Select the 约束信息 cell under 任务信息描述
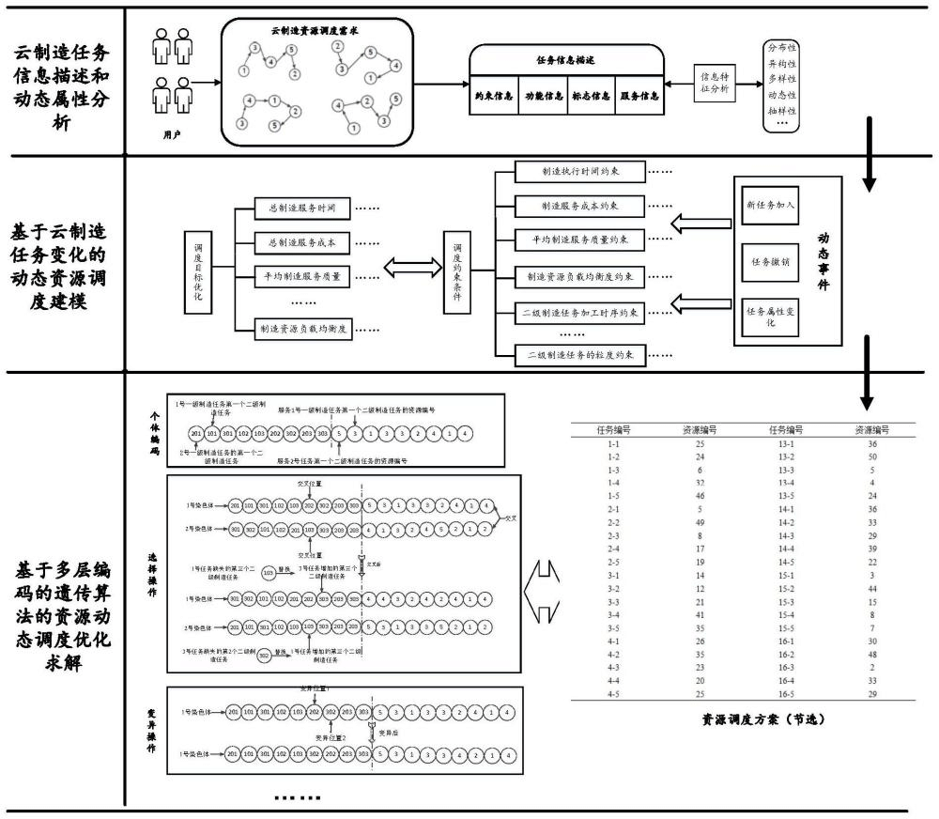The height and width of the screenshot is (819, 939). coord(492,95)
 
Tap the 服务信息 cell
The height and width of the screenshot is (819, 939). coord(638,95)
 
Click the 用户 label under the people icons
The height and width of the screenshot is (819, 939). coord(171,135)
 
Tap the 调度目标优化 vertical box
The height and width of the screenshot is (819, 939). coord(198,272)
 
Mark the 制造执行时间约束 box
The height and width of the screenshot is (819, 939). coord(580,172)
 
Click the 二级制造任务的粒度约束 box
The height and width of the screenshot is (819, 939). coord(580,356)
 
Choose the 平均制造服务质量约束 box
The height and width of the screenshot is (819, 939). coord(580,240)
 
